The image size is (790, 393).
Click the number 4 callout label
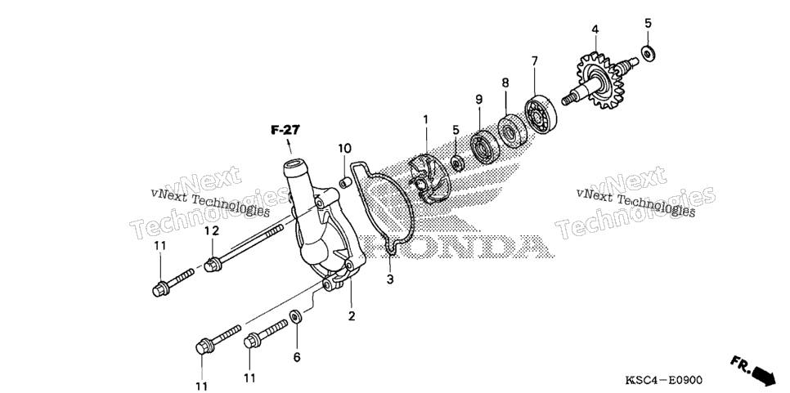coord(595,30)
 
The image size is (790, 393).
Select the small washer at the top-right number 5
coord(648,53)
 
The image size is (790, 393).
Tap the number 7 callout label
coord(534,61)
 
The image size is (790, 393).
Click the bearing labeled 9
coord(484,146)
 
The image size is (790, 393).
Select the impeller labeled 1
coord(425,179)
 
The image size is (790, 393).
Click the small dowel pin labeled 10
coord(344,181)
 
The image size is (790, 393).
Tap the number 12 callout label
coord(212,231)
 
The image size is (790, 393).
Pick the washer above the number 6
coord(296,318)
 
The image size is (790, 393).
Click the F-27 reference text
coord(285,131)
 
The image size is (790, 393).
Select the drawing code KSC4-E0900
coord(663,379)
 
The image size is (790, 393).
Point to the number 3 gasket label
coord(390,279)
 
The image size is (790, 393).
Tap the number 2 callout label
coord(352,316)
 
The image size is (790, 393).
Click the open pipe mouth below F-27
coord(296,166)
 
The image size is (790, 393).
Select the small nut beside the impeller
coord(457,163)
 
